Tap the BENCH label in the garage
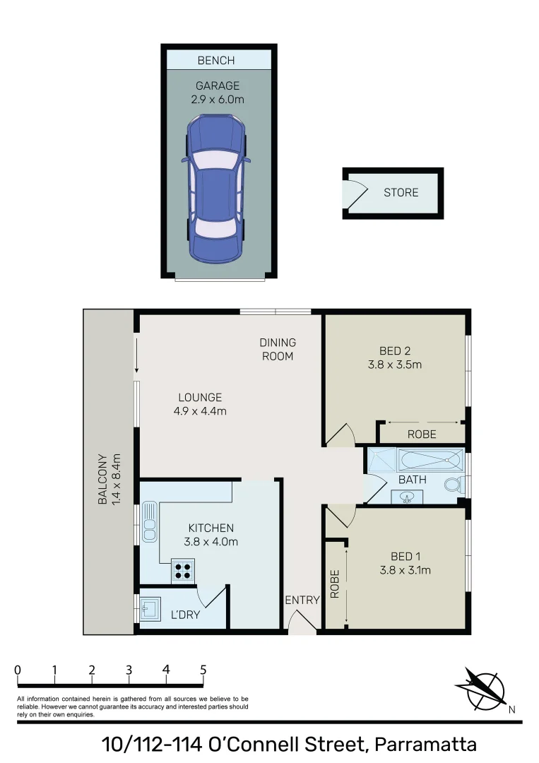(x=215, y=61)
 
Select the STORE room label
(x=401, y=192)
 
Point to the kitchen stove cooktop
(x=182, y=570)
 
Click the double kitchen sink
(x=150, y=521)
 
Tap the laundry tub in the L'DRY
(x=150, y=608)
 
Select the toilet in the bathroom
(x=454, y=485)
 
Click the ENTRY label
(x=302, y=600)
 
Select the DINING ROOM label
(x=278, y=349)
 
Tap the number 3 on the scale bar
(x=129, y=670)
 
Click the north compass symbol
(x=482, y=689)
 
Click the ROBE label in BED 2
(x=422, y=434)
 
